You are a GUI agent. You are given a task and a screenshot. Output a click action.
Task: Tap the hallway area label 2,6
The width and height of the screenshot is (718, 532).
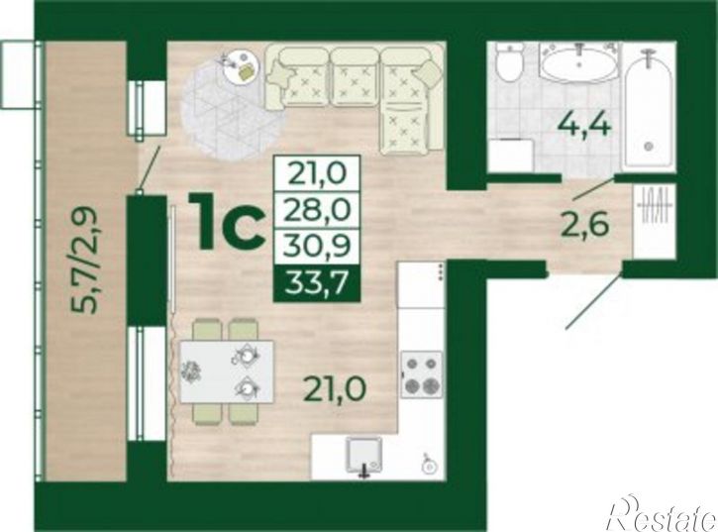click(x=584, y=225)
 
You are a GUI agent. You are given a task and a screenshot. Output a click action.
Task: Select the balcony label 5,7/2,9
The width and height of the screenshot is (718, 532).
click(x=86, y=260)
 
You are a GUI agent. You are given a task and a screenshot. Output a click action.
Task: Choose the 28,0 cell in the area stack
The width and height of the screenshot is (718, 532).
click(x=316, y=209)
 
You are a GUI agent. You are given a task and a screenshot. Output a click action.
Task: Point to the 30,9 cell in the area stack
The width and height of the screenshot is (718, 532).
click(x=316, y=247)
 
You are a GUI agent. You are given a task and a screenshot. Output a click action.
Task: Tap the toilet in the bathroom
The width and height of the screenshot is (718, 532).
click(x=509, y=64)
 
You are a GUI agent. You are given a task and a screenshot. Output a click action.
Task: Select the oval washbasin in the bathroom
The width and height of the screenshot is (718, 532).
click(x=579, y=65)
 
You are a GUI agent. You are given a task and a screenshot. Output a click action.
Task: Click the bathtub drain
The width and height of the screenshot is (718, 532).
click(x=648, y=147)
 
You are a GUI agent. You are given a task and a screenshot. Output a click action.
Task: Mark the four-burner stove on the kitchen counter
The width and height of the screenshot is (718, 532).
click(x=422, y=373)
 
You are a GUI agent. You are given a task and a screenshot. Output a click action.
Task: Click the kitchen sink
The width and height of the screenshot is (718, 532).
click(x=364, y=456)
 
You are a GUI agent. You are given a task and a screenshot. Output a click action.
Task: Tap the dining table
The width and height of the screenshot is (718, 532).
click(x=227, y=372)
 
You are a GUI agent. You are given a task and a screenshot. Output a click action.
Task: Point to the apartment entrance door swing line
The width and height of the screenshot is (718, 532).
click(x=595, y=301)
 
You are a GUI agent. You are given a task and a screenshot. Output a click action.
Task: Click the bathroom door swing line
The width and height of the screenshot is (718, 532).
click(x=594, y=189)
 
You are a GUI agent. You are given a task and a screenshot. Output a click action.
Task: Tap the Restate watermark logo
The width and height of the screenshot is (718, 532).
click(x=663, y=513)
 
